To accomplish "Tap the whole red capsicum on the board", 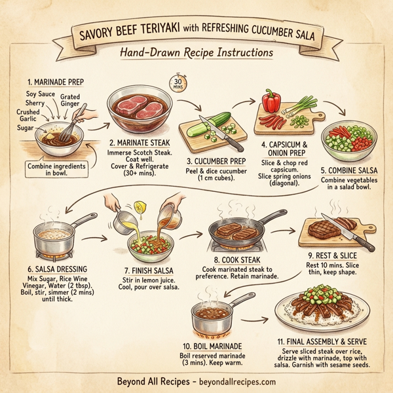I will [272, 102].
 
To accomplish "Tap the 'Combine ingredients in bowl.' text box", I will [57, 170].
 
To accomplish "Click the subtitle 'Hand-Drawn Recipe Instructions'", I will [196, 52].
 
